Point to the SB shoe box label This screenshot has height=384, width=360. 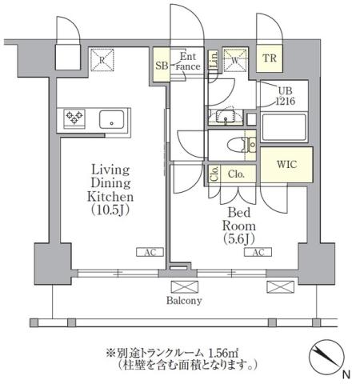tap(162, 66)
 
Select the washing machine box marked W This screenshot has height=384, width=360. tap(236, 59)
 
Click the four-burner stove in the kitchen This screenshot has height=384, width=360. tap(75, 119)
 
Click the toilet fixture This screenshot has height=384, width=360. tap(239, 145)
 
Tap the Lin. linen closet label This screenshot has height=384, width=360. tap(214, 60)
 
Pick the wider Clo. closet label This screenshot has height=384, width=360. tap(237, 173)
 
